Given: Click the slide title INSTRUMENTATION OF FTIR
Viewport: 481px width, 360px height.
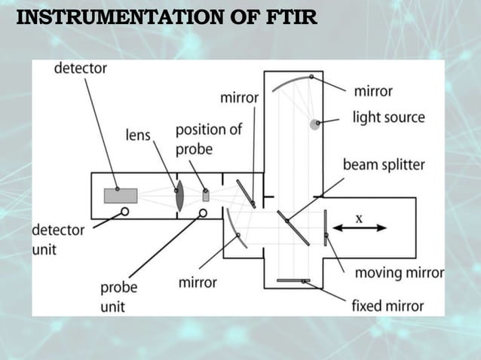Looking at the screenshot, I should (x=167, y=16).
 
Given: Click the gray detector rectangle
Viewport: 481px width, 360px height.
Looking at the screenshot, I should (x=121, y=195).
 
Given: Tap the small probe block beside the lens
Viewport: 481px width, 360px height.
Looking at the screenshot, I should (x=205, y=194).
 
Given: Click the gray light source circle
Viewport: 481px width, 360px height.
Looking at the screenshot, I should (x=315, y=124).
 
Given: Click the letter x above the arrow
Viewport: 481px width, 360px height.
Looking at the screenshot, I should (x=359, y=217).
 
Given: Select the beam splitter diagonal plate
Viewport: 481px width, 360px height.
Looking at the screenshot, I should (x=293, y=227).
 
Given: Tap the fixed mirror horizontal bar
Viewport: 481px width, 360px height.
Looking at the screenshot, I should (x=293, y=281).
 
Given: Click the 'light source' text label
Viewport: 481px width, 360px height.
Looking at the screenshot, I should (x=388, y=117).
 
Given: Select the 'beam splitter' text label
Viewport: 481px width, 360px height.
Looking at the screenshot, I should (x=384, y=164).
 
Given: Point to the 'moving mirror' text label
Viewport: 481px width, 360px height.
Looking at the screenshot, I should (x=399, y=272).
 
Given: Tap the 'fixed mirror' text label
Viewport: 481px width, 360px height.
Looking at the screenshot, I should (x=388, y=306).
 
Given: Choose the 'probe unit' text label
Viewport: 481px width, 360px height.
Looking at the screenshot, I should (x=119, y=297).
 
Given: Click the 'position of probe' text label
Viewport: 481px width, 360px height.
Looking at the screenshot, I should (x=208, y=139).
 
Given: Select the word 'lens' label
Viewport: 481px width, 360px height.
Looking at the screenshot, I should (x=138, y=135).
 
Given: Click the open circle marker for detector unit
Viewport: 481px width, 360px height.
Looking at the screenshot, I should (x=125, y=212).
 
